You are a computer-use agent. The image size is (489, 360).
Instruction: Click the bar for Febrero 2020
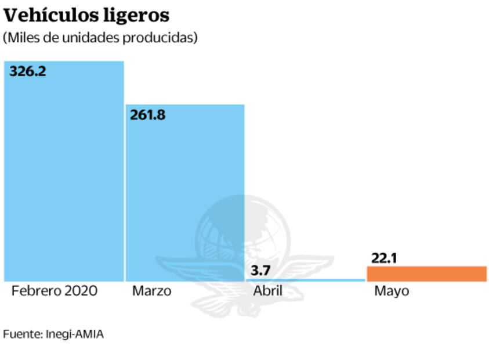[64, 174]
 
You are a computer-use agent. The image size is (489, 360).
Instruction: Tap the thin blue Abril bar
[306, 280]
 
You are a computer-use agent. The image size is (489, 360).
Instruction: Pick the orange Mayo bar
[426, 273]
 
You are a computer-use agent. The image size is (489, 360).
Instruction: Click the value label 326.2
[27, 71]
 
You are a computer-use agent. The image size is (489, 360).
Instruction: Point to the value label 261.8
[147, 114]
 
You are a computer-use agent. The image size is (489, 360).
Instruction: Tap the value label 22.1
[382, 257]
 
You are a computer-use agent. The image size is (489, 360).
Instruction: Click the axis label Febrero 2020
[54, 291]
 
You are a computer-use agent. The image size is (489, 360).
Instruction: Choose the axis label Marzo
[151, 291]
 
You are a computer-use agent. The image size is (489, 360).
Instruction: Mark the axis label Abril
[267, 291]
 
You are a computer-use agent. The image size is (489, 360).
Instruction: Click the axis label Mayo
[391, 291]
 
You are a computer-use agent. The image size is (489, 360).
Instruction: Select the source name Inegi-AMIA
[73, 334]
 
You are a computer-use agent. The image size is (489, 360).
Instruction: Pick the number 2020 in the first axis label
[81, 291]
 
